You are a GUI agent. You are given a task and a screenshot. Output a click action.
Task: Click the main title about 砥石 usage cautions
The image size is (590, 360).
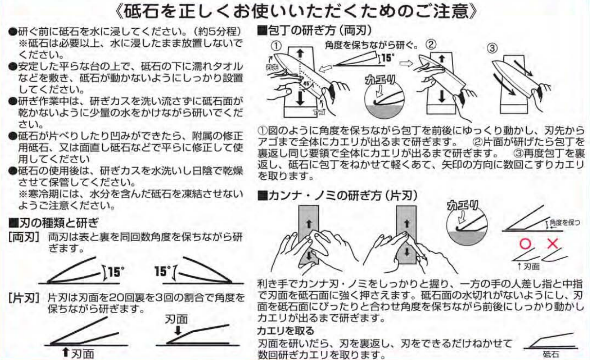296,11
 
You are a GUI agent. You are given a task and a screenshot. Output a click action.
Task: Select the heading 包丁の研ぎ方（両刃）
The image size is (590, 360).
314,31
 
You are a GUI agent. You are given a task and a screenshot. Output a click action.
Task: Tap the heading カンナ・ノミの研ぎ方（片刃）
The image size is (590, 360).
337,195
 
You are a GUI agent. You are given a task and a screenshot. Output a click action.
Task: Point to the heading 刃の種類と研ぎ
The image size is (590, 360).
54,223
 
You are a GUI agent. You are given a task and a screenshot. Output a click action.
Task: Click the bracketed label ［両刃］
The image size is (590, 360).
24,237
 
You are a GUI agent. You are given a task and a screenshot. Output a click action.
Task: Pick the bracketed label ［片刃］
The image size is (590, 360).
24,298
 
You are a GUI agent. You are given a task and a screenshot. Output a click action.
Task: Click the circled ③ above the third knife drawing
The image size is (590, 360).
492,49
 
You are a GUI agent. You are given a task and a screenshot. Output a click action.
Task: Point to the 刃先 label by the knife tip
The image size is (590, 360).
272,67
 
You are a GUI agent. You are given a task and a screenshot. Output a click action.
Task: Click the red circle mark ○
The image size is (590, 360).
525,244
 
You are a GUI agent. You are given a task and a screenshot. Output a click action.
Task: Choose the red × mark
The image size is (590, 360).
553,244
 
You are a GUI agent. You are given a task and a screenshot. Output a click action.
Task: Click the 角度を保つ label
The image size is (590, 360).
565,223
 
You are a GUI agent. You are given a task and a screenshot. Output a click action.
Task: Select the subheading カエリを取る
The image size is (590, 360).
286,330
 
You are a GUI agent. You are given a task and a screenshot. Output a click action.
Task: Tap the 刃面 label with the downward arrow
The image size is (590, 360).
176,319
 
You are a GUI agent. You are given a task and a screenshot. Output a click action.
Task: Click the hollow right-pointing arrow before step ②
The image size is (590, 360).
406,63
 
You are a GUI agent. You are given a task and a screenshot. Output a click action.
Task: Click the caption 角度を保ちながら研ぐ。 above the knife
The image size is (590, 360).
371,45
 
